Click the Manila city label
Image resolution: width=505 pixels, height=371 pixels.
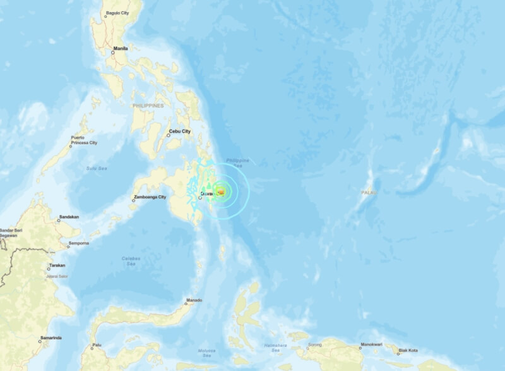(120, 48)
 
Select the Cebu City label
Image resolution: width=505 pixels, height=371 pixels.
(179, 131)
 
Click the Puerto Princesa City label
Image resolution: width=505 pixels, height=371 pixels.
(84, 140)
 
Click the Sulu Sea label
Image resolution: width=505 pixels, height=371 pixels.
(97, 168)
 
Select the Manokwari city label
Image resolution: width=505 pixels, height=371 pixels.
(371, 344)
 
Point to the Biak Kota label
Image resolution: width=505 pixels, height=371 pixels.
(408, 350)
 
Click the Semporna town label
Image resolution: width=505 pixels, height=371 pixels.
(78, 243)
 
